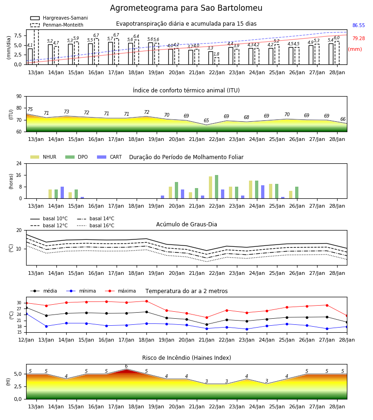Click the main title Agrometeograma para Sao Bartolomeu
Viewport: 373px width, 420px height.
click(186, 8)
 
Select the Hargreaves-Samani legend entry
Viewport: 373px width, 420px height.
click(59, 18)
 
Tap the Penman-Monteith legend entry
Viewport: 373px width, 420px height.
click(57, 25)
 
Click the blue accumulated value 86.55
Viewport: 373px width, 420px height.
click(359, 26)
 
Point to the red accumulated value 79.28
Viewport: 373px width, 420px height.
click(359, 38)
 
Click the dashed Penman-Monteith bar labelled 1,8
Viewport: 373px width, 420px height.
click(217, 61)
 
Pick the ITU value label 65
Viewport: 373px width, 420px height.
click(206, 120)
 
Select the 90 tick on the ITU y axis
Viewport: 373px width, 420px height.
click(19, 97)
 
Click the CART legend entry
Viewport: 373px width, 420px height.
click(110, 157)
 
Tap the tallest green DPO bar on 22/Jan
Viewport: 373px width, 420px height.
click(216, 187)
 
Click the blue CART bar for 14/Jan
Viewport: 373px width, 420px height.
click(62, 193)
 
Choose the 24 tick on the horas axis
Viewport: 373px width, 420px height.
click(19, 163)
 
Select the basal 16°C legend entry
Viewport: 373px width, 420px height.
click(96, 225)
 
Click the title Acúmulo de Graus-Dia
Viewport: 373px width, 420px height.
click(186, 224)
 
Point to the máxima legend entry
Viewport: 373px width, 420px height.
click(121, 291)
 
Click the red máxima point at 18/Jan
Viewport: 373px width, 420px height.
click(146, 301)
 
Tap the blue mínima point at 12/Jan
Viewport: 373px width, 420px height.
click(27, 314)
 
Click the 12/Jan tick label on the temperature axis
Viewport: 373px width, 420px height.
click(26, 340)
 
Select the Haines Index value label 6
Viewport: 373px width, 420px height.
click(126, 366)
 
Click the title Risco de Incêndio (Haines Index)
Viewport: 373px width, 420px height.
click(186, 358)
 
